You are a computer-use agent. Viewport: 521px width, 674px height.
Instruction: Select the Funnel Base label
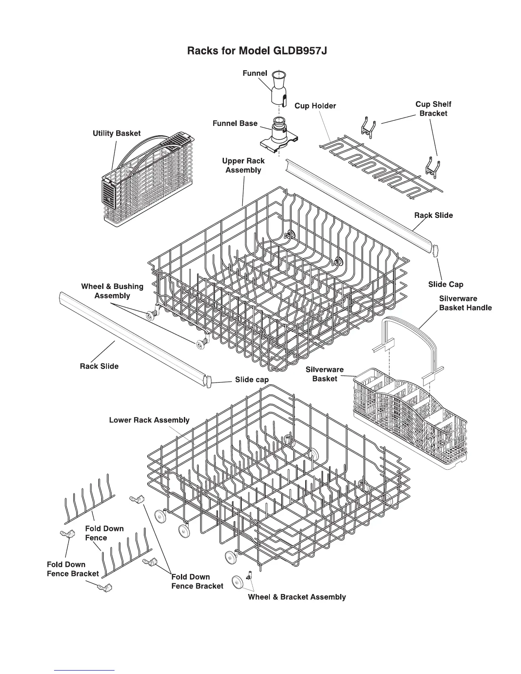click(x=235, y=123)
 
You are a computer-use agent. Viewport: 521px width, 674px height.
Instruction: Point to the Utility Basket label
click(x=117, y=134)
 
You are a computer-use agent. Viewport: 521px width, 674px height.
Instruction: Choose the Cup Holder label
click(x=315, y=106)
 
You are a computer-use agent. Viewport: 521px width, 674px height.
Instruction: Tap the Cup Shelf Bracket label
click(x=433, y=109)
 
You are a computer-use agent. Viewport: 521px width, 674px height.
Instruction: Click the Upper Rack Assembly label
click(x=243, y=166)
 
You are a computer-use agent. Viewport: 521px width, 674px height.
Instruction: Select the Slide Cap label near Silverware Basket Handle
click(x=446, y=285)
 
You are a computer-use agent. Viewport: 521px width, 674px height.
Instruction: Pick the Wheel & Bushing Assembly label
click(x=112, y=291)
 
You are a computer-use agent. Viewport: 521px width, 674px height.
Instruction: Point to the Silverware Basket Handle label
click(x=465, y=303)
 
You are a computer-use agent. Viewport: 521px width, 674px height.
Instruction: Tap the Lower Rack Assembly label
click(x=149, y=420)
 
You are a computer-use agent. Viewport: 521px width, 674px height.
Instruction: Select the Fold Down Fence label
click(x=104, y=533)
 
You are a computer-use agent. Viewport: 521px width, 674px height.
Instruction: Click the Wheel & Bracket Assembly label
click(x=297, y=597)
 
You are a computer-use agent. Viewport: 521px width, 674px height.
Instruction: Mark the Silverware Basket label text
click(x=324, y=374)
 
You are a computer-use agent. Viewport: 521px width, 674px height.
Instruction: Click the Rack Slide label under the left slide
click(x=99, y=366)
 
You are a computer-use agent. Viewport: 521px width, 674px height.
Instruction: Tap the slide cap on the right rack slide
click(x=435, y=251)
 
